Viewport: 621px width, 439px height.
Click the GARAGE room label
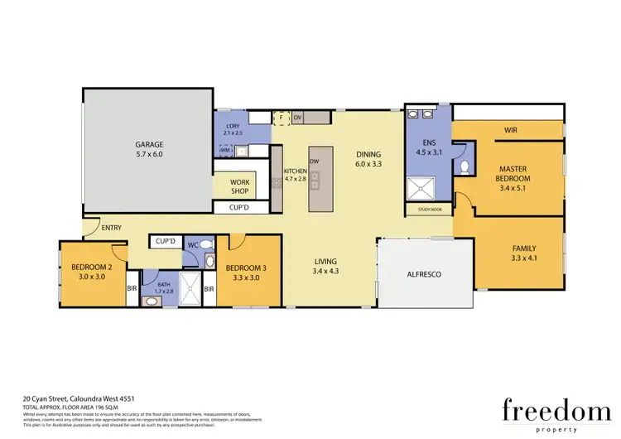[149, 142]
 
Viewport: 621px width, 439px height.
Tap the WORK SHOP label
[240, 186]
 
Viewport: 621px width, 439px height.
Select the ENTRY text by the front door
[110, 228]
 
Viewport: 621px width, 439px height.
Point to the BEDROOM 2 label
[86, 268]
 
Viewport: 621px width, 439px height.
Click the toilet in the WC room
[207, 244]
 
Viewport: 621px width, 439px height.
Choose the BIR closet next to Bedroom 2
[132, 288]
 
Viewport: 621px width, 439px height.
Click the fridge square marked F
[281, 118]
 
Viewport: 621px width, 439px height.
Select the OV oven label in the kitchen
[296, 118]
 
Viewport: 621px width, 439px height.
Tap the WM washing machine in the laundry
[224, 150]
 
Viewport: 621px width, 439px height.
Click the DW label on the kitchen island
[314, 161]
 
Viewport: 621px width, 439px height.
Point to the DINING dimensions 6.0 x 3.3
[368, 164]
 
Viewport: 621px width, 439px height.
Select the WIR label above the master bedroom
[511, 130]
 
